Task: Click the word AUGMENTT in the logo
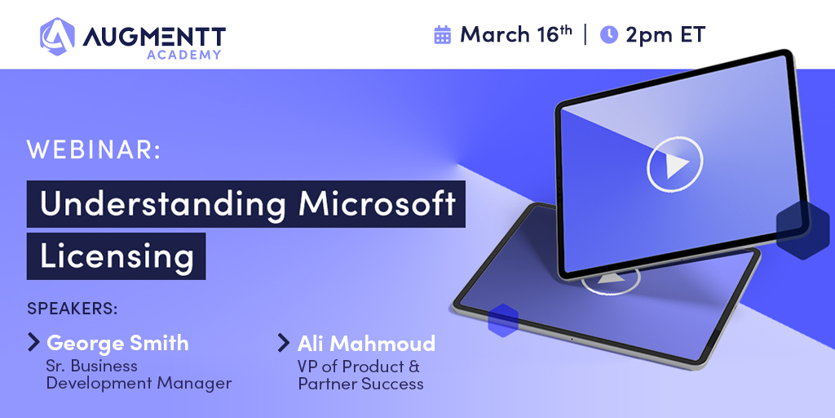153,37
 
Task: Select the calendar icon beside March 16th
443,34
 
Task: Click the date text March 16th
515,34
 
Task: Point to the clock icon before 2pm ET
608,34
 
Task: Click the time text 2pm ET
665,34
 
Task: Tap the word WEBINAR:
94,150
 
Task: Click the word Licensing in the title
117,256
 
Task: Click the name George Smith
117,343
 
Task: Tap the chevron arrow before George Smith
33,342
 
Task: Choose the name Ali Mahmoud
366,343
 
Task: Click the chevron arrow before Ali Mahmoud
284,342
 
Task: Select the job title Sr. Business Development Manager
139,374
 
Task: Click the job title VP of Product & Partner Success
360,375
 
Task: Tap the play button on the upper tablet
674,167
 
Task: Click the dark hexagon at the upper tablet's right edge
802,229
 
